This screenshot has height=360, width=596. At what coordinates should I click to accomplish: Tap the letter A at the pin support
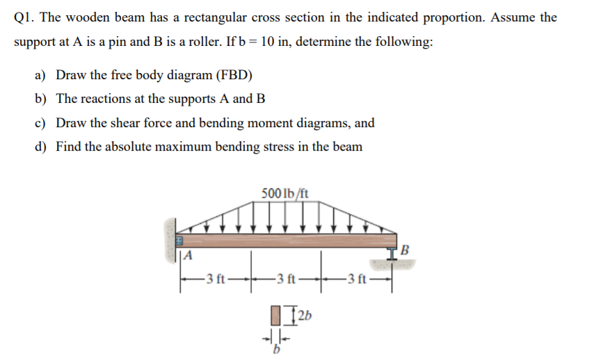point(187,256)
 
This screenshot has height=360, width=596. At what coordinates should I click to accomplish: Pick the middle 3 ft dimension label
point(285,281)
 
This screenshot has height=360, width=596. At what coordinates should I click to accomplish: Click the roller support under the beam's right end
point(396,257)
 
